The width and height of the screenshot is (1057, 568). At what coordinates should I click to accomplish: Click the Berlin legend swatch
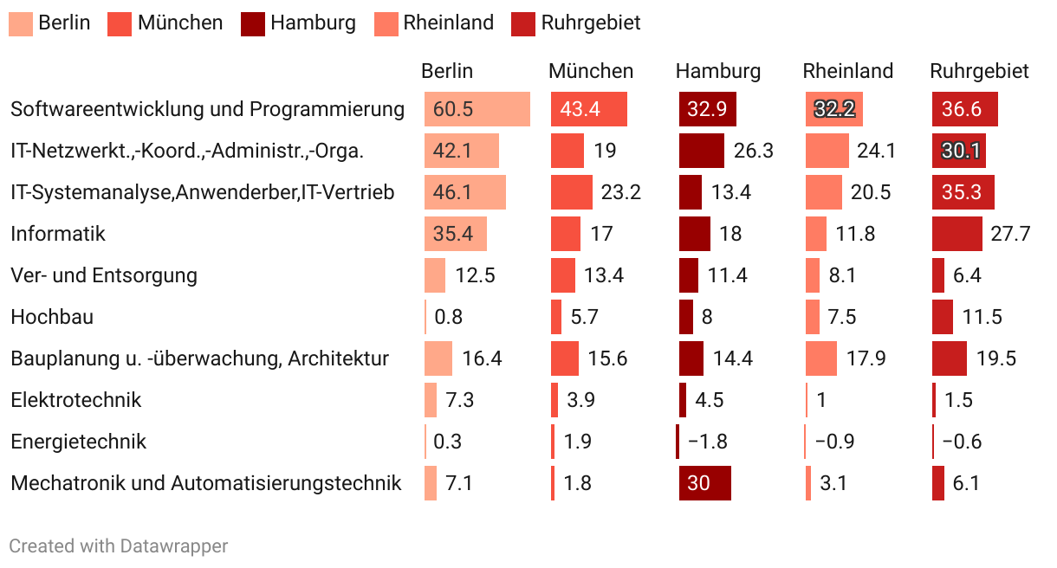click(x=21, y=23)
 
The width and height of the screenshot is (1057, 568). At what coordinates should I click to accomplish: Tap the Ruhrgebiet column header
click(x=979, y=71)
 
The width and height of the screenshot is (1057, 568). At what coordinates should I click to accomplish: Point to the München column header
click(x=591, y=71)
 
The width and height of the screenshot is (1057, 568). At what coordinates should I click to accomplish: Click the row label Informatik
click(x=58, y=234)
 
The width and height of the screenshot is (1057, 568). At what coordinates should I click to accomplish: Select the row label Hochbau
click(x=52, y=317)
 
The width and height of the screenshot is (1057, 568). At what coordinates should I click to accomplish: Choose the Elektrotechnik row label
click(x=76, y=400)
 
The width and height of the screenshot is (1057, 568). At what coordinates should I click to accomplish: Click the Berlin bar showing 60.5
click(x=477, y=109)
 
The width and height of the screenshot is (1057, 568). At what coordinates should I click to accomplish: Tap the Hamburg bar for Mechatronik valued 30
click(x=704, y=483)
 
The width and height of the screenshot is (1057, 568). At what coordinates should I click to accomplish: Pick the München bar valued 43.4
click(x=589, y=109)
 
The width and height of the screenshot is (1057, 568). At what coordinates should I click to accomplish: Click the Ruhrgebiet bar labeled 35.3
click(x=963, y=192)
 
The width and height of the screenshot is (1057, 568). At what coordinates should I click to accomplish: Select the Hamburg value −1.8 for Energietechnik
click(x=708, y=442)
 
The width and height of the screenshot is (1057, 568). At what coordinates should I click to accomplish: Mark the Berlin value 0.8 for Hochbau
click(x=449, y=317)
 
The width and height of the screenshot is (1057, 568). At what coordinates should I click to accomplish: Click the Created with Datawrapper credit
click(x=119, y=546)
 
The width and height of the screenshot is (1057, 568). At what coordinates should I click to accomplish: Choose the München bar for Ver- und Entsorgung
click(x=563, y=275)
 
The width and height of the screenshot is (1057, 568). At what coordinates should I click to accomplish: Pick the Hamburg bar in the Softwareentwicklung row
click(x=707, y=109)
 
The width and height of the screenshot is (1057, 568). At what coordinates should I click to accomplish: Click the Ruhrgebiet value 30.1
click(x=961, y=151)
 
